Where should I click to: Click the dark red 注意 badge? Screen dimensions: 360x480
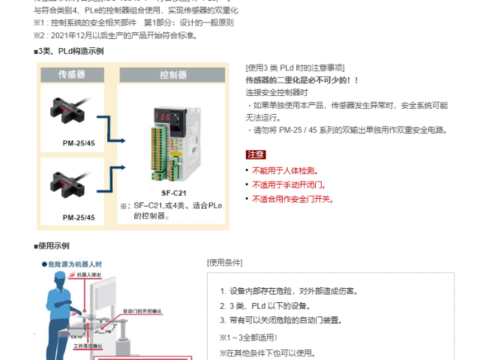click(255, 154)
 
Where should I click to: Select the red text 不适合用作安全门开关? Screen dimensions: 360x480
click(293, 199)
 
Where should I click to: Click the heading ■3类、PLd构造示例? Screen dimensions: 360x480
click(69, 51)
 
